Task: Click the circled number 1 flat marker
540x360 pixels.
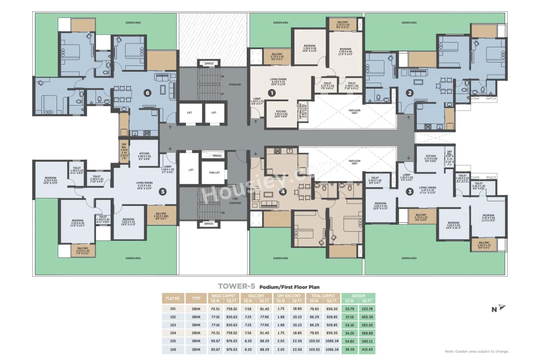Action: point(273,92)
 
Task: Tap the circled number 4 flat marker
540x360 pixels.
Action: point(283,192)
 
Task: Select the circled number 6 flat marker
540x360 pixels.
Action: point(147,93)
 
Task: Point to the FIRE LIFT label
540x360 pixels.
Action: point(213,172)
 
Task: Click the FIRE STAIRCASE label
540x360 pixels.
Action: point(235,201)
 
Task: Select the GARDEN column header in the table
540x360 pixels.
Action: point(358,296)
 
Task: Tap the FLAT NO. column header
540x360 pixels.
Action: point(173,298)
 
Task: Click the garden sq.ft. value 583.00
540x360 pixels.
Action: point(367,325)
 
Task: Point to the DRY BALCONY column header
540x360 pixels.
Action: point(289,296)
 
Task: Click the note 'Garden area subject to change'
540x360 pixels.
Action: point(477,351)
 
